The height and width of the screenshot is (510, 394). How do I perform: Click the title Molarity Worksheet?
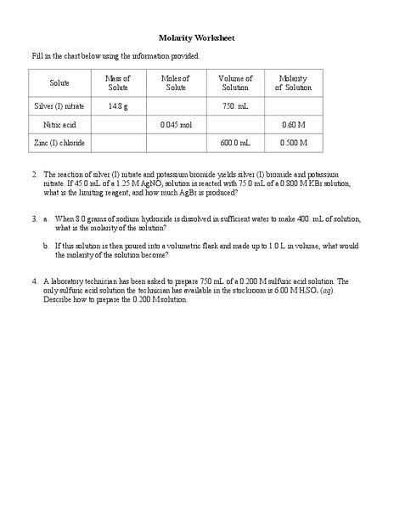point(197,38)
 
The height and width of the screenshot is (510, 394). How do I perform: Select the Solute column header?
point(59,83)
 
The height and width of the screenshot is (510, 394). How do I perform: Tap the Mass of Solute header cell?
point(118,83)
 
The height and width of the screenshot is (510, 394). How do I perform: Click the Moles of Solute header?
point(176,83)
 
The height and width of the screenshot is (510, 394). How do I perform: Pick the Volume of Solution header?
point(235,83)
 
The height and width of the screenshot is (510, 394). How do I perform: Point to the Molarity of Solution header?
point(294,83)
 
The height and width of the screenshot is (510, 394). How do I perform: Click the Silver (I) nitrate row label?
point(59,106)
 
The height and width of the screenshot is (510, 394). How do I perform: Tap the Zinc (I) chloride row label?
point(59,143)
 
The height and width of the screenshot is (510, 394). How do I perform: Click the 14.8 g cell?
point(118,106)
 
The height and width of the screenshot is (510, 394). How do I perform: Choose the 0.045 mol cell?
point(176,125)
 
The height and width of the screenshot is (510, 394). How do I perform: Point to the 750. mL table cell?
point(235,106)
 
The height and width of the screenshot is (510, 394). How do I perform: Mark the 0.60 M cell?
point(294,125)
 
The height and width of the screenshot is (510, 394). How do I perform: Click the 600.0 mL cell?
point(235,143)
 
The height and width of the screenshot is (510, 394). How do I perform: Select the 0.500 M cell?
point(294,143)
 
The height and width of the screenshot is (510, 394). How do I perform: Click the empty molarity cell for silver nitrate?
point(294,106)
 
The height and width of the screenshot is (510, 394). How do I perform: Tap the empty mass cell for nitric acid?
point(118,125)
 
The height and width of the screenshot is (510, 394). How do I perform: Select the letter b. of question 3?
point(46,245)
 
